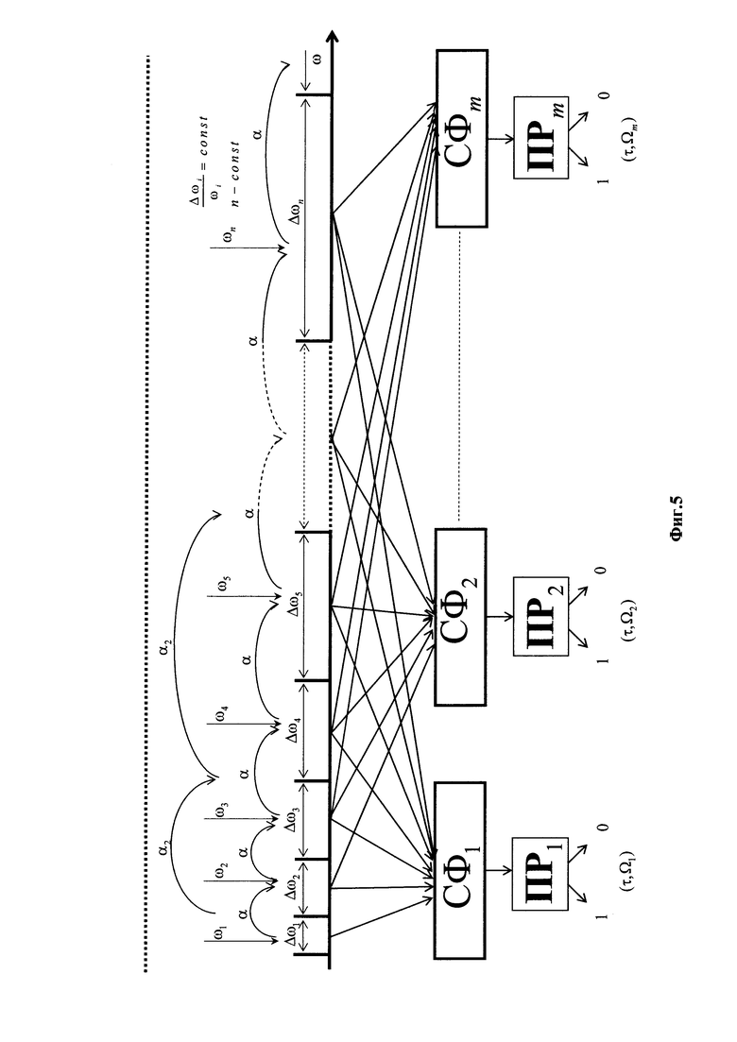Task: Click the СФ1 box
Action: click(x=460, y=870)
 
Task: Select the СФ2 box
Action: click(x=460, y=617)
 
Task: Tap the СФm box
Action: click(x=462, y=138)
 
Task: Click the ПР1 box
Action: click(x=539, y=874)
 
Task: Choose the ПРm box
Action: click(x=540, y=137)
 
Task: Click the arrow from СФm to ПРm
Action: click(x=501, y=139)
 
